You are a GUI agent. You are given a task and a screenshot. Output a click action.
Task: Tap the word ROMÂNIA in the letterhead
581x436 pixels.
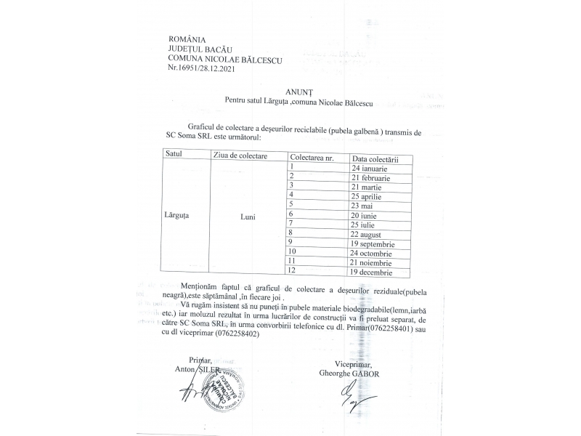(x=187, y=39)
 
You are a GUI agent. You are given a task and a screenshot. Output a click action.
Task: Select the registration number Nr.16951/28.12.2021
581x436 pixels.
(x=201, y=68)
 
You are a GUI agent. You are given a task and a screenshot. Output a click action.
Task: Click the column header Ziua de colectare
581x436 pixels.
(x=240, y=156)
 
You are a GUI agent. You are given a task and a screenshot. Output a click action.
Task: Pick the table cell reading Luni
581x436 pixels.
(x=248, y=216)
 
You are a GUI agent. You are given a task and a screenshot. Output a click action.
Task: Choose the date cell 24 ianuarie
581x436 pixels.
(x=370, y=168)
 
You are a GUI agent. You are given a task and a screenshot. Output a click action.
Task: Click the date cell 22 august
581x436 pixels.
(x=370, y=234)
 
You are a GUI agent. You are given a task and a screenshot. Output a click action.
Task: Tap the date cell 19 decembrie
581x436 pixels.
(x=372, y=272)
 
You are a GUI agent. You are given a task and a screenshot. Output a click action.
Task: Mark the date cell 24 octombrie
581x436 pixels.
(x=372, y=254)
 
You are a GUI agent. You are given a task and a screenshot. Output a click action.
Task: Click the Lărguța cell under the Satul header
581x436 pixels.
(x=177, y=216)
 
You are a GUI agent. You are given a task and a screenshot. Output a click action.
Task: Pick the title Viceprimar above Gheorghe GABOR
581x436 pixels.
(x=354, y=364)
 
